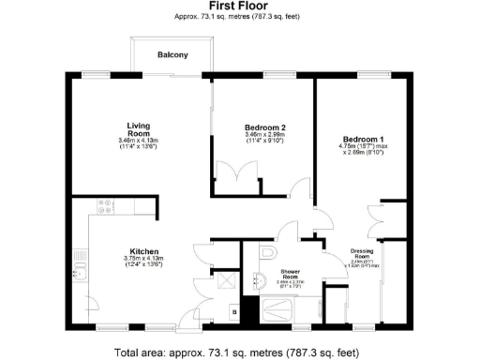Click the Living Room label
[x=140, y=129]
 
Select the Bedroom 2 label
[x=263, y=127]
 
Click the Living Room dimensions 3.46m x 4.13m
[x=140, y=140]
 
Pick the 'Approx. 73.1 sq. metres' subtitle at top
[x=239, y=17]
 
